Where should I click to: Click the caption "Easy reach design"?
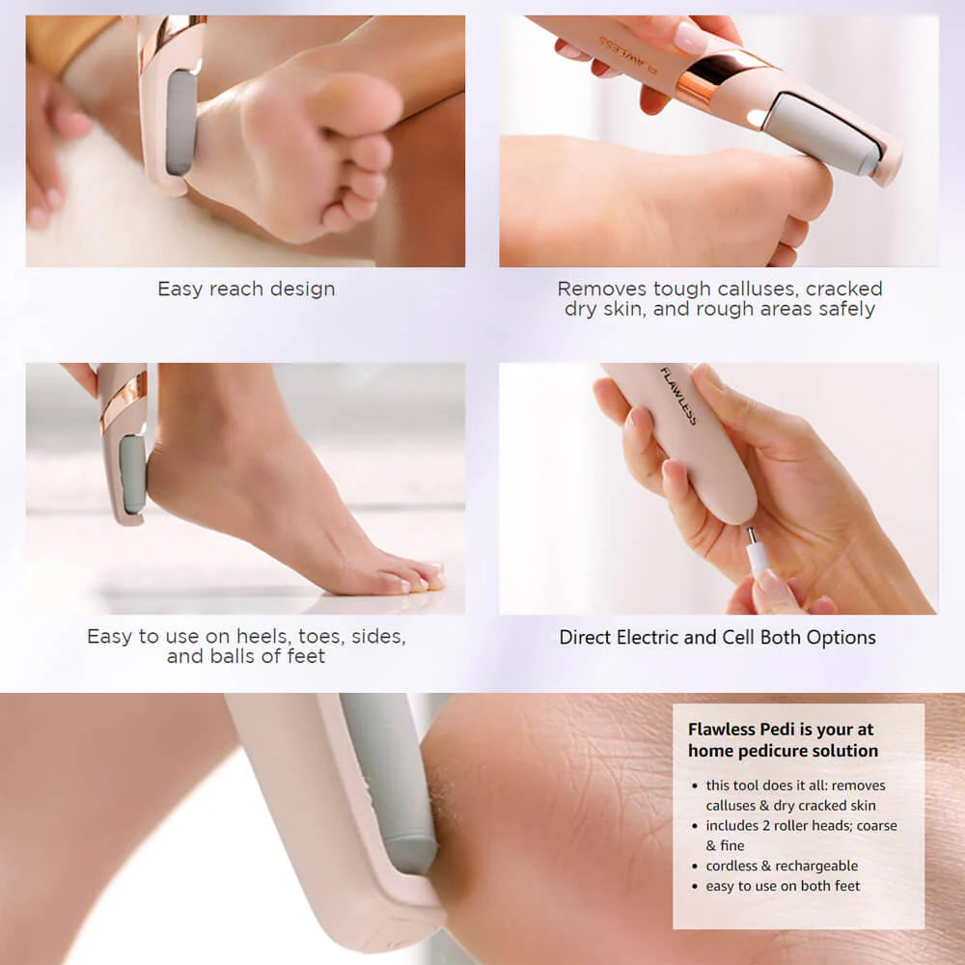(246, 289)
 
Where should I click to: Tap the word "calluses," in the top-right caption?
(758, 289)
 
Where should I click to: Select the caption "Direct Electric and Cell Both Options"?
(717, 637)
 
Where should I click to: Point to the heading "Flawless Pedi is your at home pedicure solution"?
(783, 739)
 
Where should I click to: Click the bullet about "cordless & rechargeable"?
(782, 866)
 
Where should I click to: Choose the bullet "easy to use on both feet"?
(783, 886)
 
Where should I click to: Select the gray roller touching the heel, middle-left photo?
(132, 474)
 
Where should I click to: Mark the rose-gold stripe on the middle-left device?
(124, 400)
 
